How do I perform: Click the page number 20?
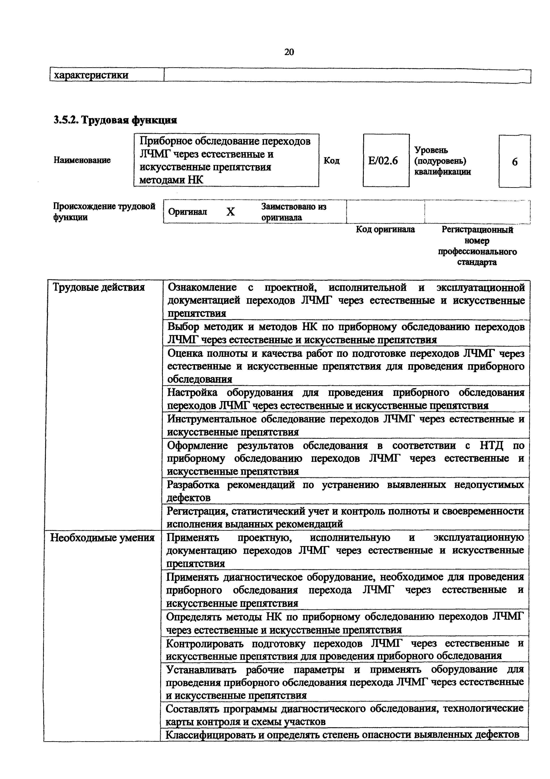pos(289,52)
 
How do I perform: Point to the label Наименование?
pos(82,160)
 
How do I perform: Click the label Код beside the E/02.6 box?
pos(331,161)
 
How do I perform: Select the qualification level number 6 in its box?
pos(515,162)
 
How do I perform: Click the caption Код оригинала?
pos(385,230)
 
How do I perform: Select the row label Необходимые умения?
pos(102,538)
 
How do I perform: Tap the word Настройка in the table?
pos(192,393)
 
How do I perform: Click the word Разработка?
pos(193,485)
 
